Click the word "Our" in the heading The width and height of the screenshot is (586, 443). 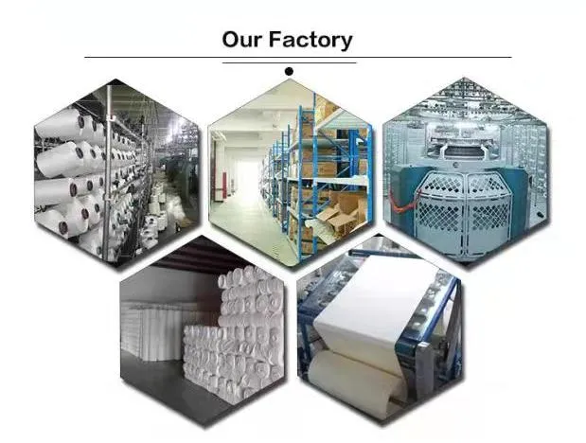coord(241,40)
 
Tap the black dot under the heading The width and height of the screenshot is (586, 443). coord(289,71)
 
